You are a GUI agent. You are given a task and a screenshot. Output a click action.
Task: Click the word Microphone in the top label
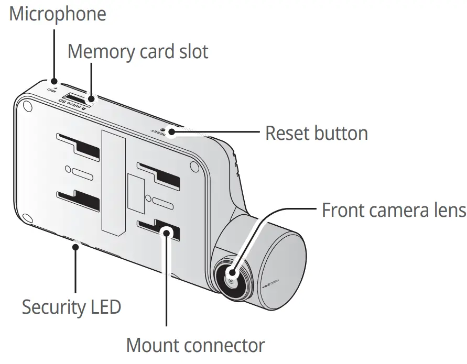click(58, 14)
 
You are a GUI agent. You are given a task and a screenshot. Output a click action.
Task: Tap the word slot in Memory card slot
click(190, 51)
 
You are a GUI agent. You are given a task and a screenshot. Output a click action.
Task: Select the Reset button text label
click(316, 133)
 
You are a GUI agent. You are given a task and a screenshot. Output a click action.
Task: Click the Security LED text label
click(71, 306)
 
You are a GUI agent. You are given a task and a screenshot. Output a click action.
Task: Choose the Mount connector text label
click(196, 346)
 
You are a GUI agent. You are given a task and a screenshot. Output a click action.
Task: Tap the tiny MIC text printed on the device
click(51, 90)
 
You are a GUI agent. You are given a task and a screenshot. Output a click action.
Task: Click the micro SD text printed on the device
click(73, 104)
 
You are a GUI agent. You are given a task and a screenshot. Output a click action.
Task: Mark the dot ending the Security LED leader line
click(77, 245)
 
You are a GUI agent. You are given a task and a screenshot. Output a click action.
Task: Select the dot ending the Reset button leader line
click(171, 133)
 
